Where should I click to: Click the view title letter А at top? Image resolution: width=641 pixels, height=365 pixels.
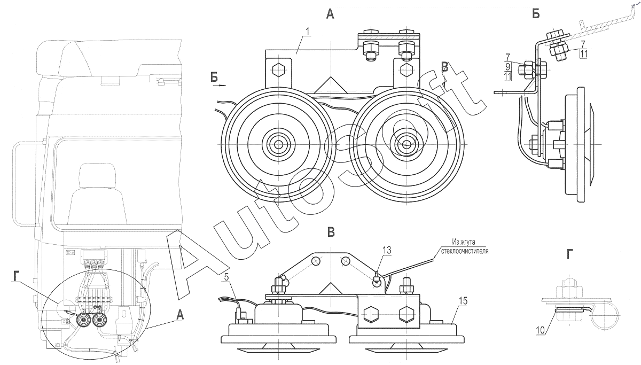point(331,15)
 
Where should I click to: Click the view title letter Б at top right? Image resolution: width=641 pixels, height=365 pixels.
point(536,15)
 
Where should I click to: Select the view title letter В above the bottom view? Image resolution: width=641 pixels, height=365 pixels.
point(331,232)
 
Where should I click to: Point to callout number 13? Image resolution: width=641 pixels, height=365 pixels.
point(387,250)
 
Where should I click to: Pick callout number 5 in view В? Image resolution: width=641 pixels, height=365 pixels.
point(226,277)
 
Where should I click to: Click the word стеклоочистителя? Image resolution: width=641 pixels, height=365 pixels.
point(465,250)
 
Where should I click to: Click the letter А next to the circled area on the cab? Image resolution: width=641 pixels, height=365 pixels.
point(179,316)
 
